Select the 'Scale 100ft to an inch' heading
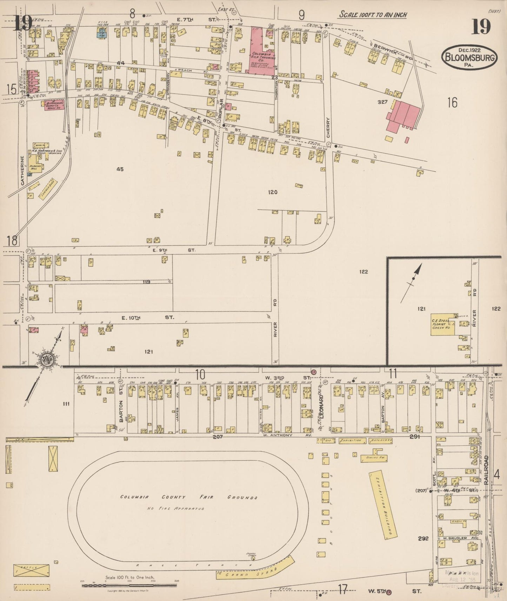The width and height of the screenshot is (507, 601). pyautogui.click(x=372, y=15)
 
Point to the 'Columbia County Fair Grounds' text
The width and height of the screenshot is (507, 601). pyautogui.click(x=189, y=497)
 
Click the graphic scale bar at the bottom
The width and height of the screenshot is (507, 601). pyautogui.click(x=129, y=585)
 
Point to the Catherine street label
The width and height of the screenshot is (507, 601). pyautogui.click(x=22, y=170)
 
